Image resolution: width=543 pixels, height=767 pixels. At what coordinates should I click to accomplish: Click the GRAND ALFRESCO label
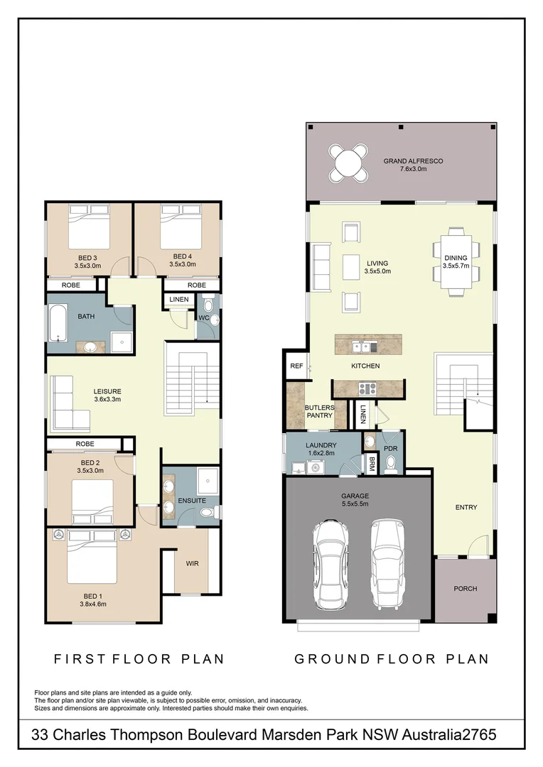pos(413,161)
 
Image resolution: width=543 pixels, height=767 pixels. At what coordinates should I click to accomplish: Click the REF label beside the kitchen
pos(296,366)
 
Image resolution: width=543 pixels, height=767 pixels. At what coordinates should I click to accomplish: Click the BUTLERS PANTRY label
pos(319,411)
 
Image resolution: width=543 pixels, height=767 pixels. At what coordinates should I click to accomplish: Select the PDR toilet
pos(390,464)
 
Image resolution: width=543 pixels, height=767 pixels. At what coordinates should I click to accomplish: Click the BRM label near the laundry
pos(372,464)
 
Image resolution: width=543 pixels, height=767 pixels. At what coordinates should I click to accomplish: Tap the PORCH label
pos(466,589)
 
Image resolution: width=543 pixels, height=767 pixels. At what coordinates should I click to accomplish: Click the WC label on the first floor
pos(203,317)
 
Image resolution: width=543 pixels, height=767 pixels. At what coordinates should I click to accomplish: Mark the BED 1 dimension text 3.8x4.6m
pos(92,604)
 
